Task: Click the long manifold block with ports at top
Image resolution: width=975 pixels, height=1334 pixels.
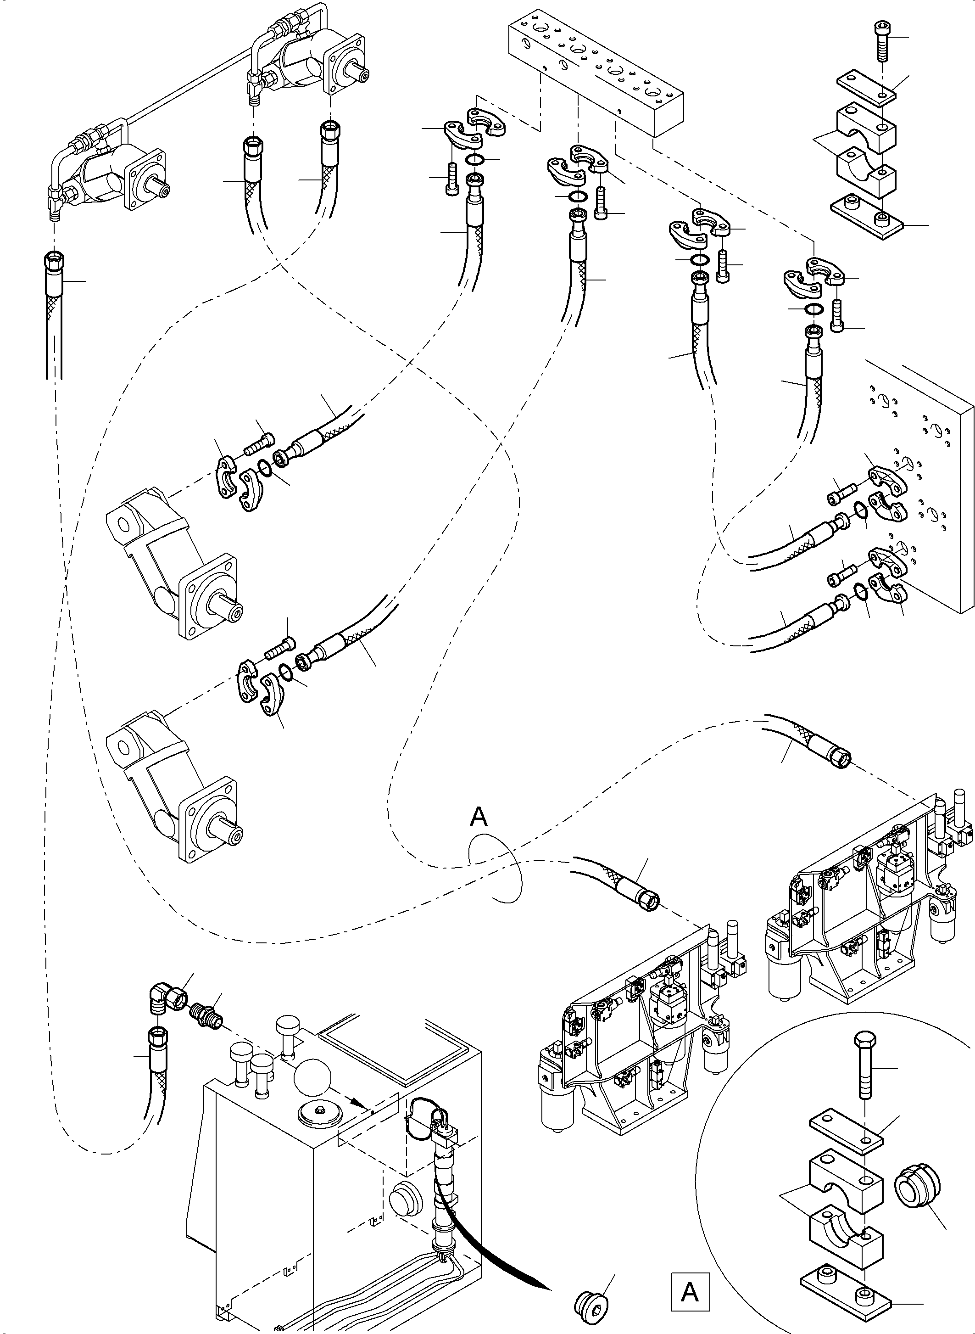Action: [596, 71]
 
